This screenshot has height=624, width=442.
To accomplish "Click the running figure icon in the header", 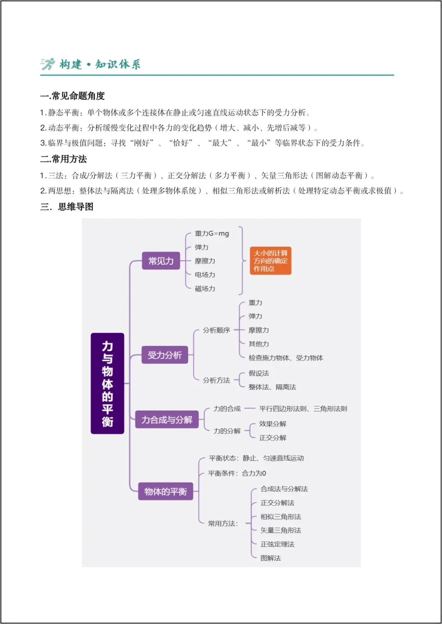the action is click(x=47, y=64).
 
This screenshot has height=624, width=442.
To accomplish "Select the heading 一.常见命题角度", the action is click(x=72, y=96).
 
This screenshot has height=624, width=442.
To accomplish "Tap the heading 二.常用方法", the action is click(x=63, y=159).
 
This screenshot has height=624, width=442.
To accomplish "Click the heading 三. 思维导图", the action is click(x=67, y=207).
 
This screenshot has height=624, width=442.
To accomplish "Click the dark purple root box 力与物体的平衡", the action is click(x=107, y=383).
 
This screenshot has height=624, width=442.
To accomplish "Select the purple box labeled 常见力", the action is click(x=161, y=261).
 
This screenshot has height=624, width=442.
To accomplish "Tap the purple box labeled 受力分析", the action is click(x=165, y=355).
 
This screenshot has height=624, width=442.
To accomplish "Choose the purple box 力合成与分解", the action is click(x=167, y=420).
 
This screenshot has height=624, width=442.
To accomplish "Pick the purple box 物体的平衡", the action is click(x=165, y=491).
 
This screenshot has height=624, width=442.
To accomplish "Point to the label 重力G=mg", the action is click(x=212, y=233).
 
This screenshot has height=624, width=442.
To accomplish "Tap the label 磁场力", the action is click(x=205, y=289).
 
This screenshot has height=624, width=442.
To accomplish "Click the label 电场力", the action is click(x=205, y=275).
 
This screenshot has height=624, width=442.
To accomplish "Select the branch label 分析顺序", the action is click(x=216, y=330).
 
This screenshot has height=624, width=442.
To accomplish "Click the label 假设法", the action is click(x=259, y=373).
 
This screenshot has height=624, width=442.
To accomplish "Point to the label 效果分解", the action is click(x=273, y=424).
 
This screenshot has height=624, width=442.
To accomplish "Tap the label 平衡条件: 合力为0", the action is click(x=237, y=473).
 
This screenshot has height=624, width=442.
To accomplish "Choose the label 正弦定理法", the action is click(x=277, y=544).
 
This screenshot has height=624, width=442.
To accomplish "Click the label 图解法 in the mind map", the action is click(x=271, y=558).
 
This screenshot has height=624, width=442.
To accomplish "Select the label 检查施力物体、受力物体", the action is click(x=286, y=358).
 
